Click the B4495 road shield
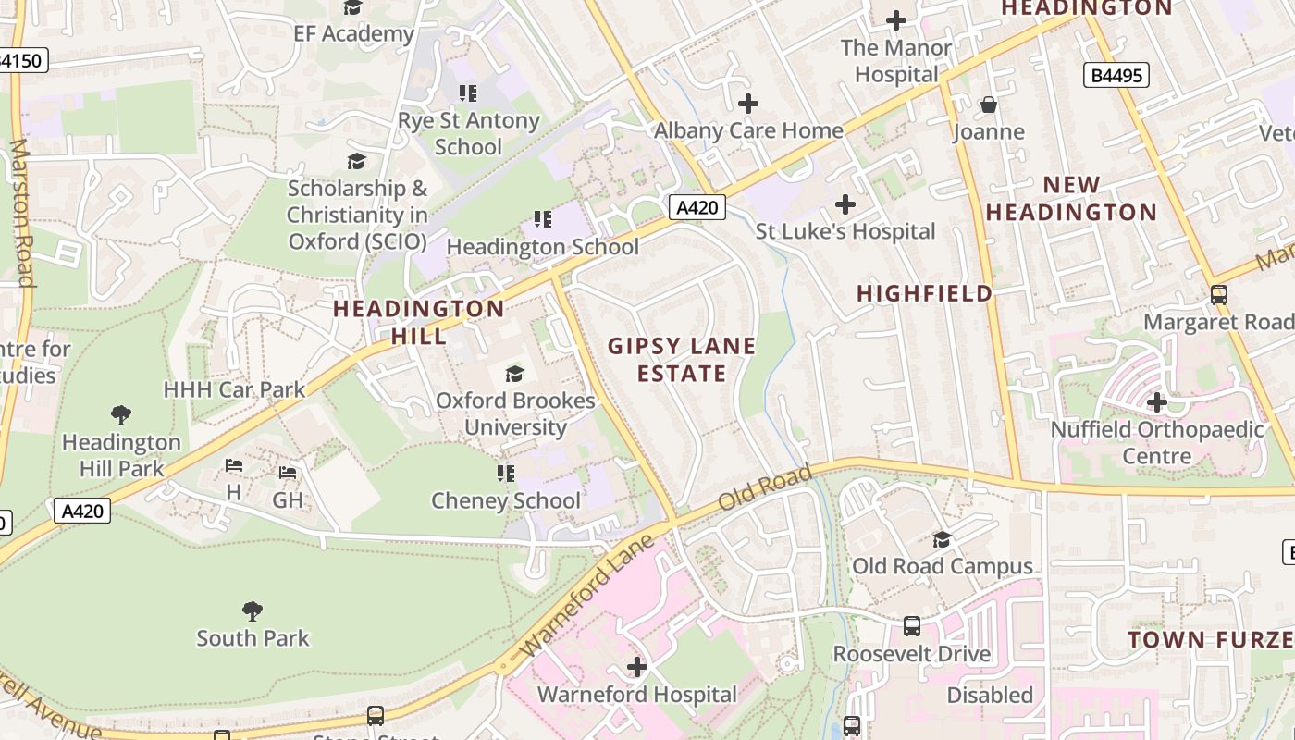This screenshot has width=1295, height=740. [x=1116, y=75]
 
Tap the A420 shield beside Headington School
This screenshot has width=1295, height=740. [x=697, y=207]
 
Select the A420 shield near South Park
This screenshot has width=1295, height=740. [x=82, y=511]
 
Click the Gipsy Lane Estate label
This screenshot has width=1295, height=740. [x=682, y=360]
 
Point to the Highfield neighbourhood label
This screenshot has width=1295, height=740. [x=924, y=293]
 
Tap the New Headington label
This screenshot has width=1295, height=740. [x=1071, y=198]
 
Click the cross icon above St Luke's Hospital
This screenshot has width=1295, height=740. [x=845, y=204]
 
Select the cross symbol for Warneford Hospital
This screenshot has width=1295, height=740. [x=636, y=666]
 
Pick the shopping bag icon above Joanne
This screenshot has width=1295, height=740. [x=989, y=105]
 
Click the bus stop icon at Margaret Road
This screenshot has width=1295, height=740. [x=1219, y=295]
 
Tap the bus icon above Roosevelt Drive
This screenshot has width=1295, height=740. [x=912, y=626]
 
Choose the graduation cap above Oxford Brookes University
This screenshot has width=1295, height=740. [x=514, y=374]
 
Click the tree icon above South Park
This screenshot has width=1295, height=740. [x=252, y=610]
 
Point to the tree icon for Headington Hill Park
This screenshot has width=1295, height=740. [x=120, y=414]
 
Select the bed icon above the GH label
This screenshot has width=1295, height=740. [x=288, y=473]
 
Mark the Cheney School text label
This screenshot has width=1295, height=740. [x=506, y=500]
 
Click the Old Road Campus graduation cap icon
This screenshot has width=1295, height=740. [x=942, y=539]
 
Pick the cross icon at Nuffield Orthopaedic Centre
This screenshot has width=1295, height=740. [x=1156, y=402]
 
